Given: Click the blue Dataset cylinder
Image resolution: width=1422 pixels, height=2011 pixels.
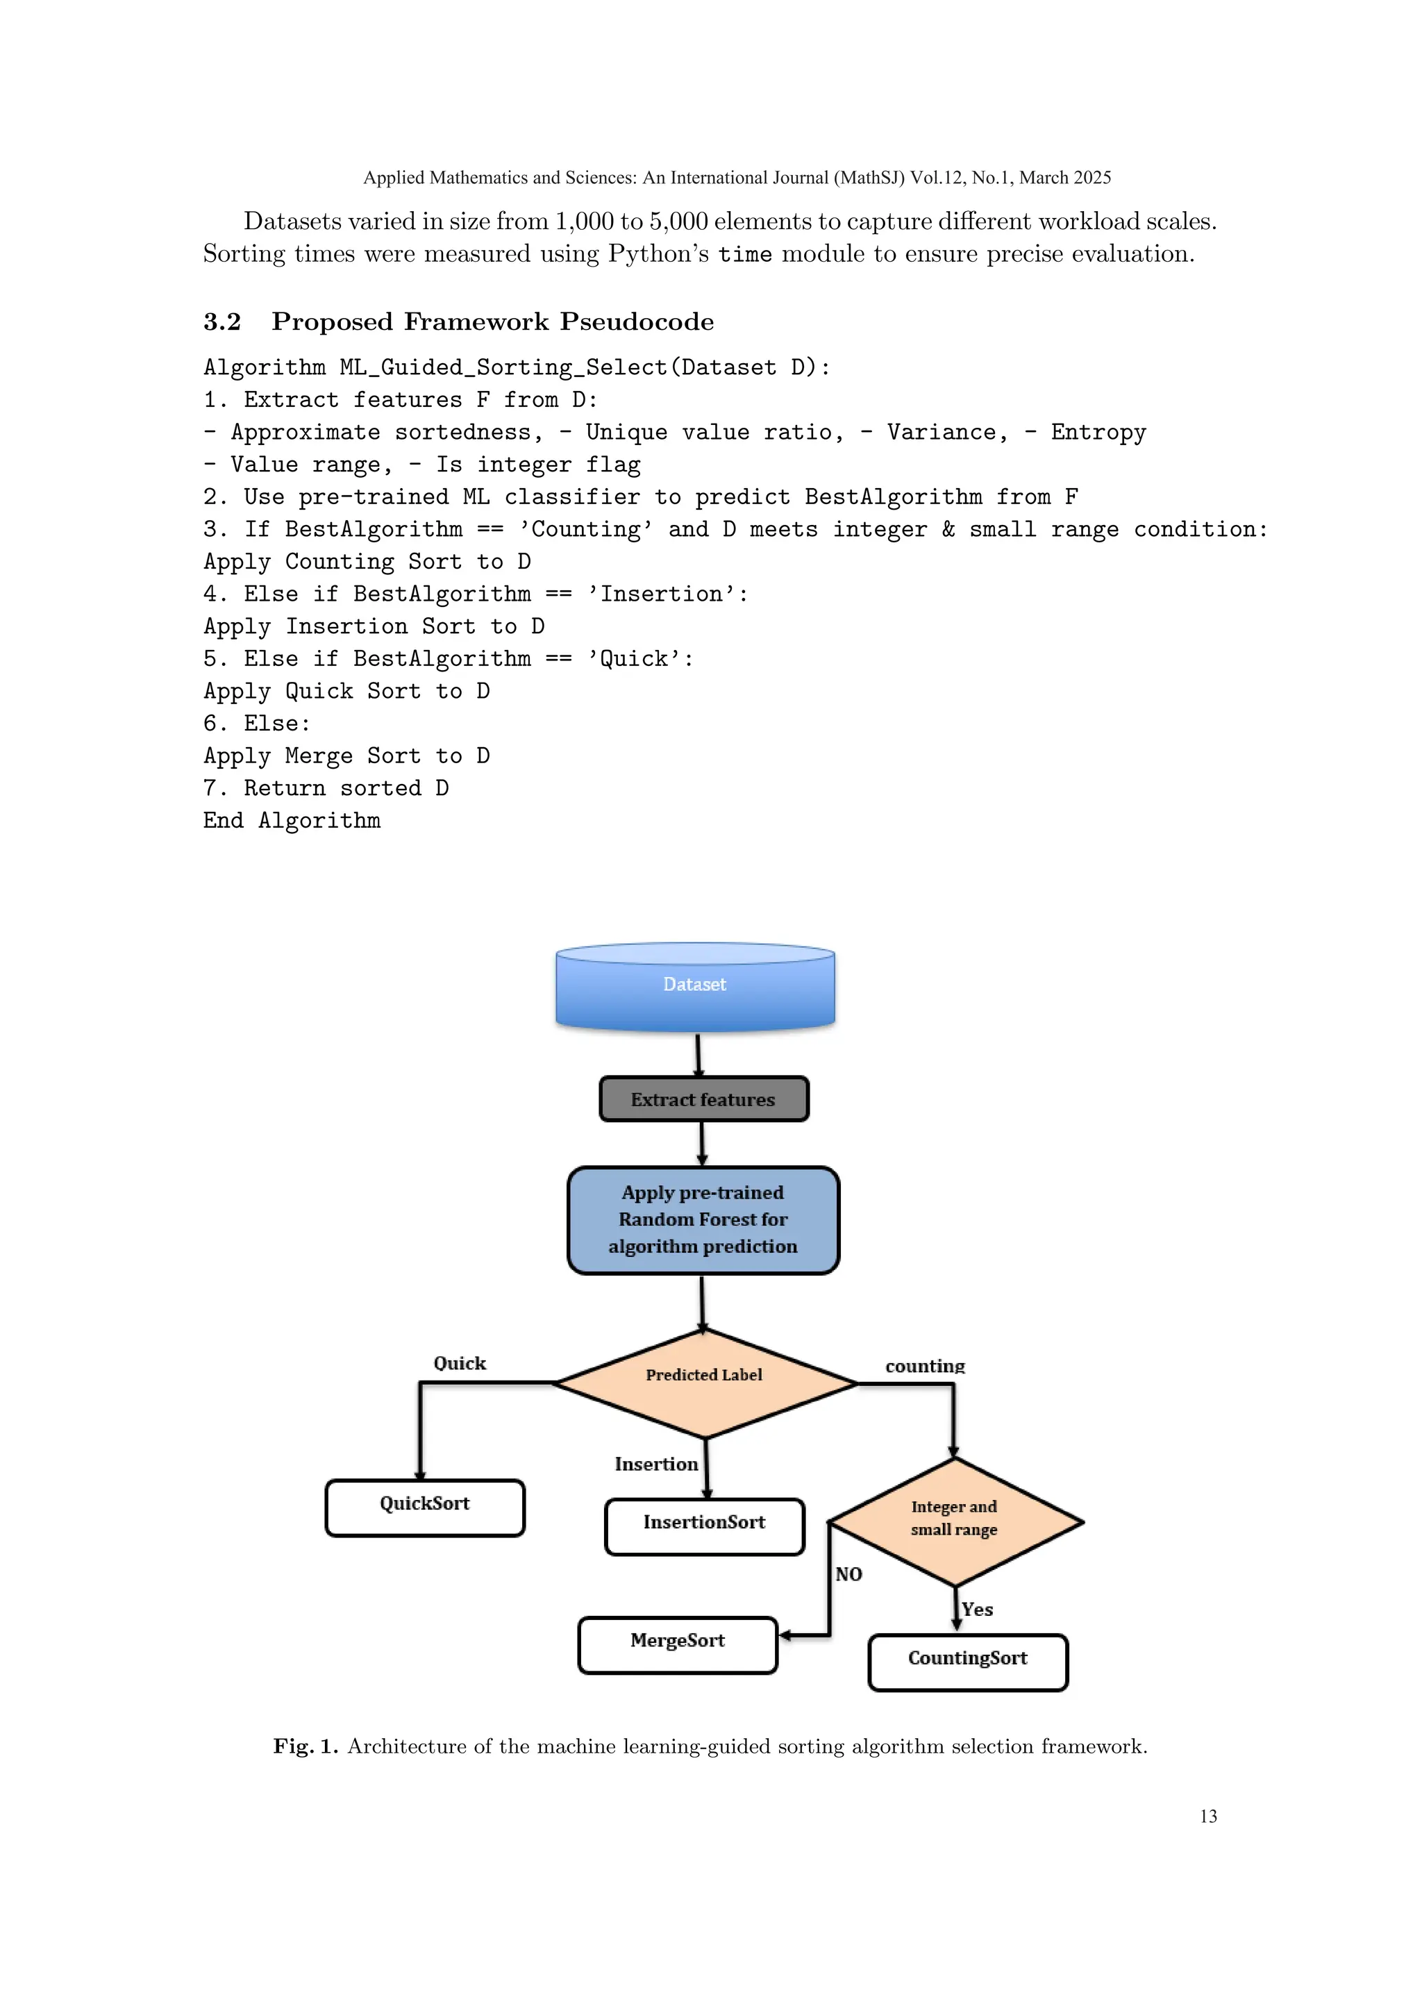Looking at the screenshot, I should pos(695,985).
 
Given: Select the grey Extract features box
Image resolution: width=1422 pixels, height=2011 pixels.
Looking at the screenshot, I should pos(703,1099).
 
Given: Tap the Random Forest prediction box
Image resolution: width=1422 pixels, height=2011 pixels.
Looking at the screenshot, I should pos(703,1219).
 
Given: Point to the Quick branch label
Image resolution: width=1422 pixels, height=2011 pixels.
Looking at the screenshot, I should pos(460,1363).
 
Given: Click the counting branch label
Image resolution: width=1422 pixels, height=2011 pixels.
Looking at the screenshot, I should pos(925,1365).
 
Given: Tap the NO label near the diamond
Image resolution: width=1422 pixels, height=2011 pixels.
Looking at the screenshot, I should pos(848,1574).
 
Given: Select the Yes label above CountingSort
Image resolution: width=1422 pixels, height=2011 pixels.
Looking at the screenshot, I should pos(977,1609).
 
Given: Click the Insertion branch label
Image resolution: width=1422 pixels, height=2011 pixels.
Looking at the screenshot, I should pos(656,1464).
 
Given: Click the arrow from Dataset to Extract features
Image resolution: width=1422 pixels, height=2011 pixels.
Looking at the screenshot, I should pos(698,1055).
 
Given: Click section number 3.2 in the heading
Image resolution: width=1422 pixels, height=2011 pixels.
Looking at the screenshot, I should pos(222,322).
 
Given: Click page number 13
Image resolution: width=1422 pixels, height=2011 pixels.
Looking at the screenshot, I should pos(1207,1816).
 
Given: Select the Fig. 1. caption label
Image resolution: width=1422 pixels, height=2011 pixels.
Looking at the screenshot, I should pos(305,1746).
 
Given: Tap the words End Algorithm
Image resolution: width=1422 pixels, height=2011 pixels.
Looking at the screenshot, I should pos(292,821).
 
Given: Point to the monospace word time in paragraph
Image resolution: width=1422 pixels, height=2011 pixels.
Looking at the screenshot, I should pos(744,254).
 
